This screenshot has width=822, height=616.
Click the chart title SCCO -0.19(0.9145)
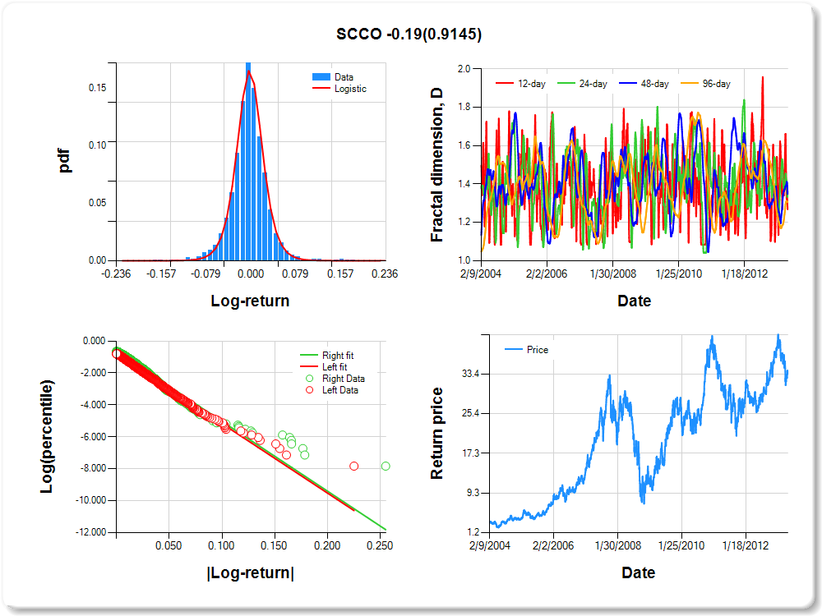tap(409, 34)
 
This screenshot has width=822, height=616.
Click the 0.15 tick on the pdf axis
tap(97, 86)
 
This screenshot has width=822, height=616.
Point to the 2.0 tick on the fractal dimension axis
tap(464, 69)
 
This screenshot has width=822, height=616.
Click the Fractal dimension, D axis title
tap(436, 165)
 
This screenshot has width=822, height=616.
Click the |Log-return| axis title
tap(250, 573)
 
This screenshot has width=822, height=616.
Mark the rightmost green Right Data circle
tap(386, 466)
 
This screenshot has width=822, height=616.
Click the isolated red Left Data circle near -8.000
tap(354, 466)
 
